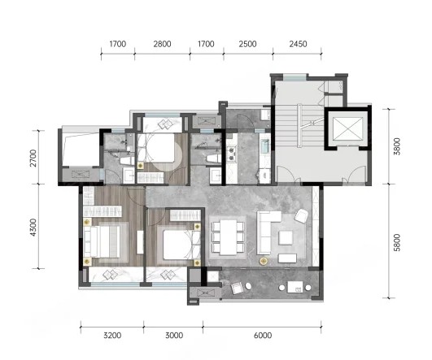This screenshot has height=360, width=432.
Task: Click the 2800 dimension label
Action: click(162, 44)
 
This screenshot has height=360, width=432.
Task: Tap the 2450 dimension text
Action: click(298, 44)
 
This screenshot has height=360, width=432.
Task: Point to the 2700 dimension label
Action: click(33, 158)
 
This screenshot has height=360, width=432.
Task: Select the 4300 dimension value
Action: click(33, 228)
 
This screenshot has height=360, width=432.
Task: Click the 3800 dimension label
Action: click(397, 146)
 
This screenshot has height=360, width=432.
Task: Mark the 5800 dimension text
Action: click(397, 242)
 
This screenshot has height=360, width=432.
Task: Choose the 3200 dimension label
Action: click(112, 336)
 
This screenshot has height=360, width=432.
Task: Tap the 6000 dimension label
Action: click(263, 336)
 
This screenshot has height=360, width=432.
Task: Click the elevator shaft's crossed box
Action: click(347, 128)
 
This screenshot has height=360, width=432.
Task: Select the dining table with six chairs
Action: click(228, 237)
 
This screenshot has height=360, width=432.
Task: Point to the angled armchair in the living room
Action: click(301, 216)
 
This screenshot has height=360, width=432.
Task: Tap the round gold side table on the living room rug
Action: click(264, 261)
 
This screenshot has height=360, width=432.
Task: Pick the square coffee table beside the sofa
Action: click(286, 237)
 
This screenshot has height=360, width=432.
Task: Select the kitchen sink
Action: click(264, 146)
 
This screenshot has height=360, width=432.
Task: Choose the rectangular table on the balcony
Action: click(295, 287)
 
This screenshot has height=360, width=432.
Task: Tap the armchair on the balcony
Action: click(238, 288)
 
